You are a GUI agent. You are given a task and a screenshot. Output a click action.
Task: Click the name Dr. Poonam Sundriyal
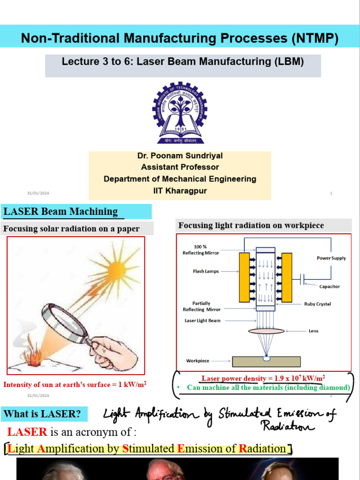(180, 156)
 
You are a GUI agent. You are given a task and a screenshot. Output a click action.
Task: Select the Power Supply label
(331, 258)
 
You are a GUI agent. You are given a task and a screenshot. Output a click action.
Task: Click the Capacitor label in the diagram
(330, 286)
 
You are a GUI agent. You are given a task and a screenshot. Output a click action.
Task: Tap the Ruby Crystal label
(317, 304)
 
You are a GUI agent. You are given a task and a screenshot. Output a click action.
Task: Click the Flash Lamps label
(205, 271)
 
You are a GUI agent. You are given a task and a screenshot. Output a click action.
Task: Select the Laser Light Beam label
(202, 321)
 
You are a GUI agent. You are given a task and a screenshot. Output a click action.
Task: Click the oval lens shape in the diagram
(266, 331)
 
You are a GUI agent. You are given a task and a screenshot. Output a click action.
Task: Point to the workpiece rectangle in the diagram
(266, 361)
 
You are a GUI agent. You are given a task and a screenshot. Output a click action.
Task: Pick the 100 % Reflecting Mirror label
(200, 250)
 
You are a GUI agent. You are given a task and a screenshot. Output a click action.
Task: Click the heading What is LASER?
(42, 414)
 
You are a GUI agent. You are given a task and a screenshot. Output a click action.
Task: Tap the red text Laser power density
(263, 378)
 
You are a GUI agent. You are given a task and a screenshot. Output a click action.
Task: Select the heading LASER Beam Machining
(61, 211)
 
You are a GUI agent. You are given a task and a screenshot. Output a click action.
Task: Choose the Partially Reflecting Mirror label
(201, 307)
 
